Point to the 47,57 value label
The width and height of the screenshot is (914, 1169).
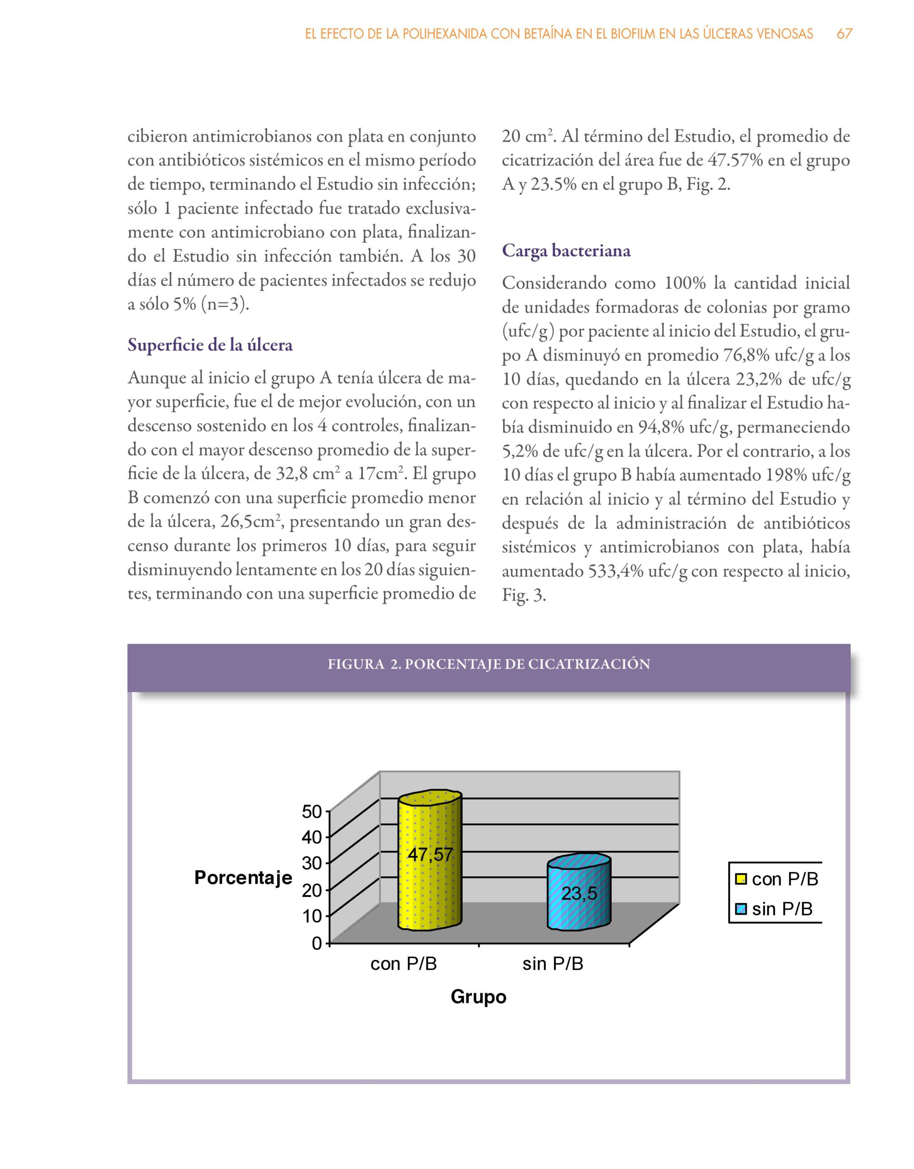(x=430, y=855)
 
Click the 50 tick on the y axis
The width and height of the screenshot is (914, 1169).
(x=312, y=811)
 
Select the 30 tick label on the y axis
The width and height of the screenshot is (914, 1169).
(x=312, y=864)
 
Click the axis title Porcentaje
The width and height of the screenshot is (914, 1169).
(x=243, y=878)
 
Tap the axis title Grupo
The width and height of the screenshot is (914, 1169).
(x=478, y=997)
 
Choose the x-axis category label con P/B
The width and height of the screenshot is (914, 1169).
(x=404, y=964)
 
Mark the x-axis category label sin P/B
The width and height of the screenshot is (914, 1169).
(x=553, y=964)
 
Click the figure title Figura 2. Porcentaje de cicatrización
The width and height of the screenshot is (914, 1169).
(x=488, y=664)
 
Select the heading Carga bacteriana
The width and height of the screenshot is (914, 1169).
(x=566, y=251)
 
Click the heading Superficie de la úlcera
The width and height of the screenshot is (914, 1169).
(x=210, y=345)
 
